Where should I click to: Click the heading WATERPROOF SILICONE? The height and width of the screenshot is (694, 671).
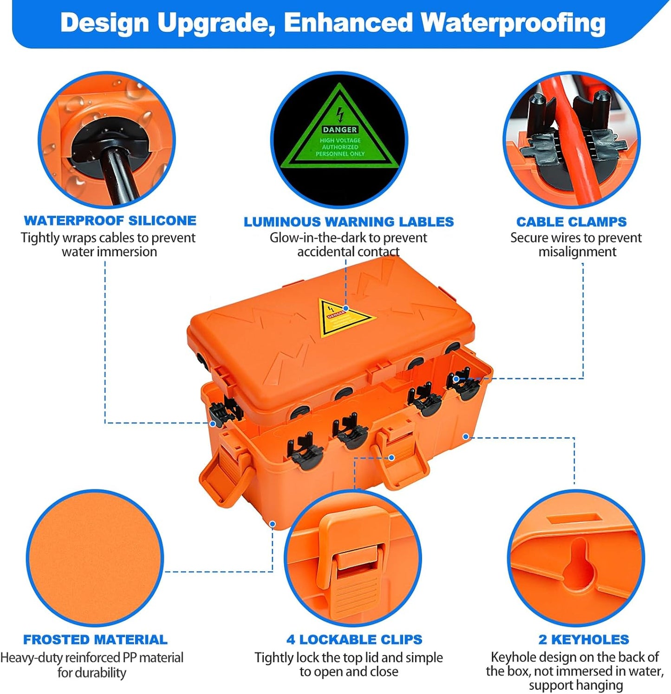pyautogui.click(x=110, y=221)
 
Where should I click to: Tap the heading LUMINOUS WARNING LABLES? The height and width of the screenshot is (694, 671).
pyautogui.click(x=348, y=222)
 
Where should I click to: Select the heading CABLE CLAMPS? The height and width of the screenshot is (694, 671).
pyautogui.click(x=571, y=222)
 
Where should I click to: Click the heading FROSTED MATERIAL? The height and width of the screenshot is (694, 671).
pyautogui.click(x=95, y=640)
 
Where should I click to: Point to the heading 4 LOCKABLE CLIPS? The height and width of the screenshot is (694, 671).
pyautogui.click(x=354, y=640)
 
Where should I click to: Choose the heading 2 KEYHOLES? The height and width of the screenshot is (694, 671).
pyautogui.click(x=583, y=640)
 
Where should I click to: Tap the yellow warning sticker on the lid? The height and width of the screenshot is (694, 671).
pyautogui.click(x=344, y=318)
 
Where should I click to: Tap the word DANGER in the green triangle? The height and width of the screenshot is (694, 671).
pyautogui.click(x=340, y=130)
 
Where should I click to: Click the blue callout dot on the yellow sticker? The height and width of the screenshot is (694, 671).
pyautogui.click(x=346, y=308)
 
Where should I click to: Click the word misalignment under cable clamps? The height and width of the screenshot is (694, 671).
pyautogui.click(x=577, y=252)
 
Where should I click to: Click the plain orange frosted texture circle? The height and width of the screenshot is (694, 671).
pyautogui.click(x=95, y=557)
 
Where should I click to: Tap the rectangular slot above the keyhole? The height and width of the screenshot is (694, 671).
pyautogui.click(x=574, y=519)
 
